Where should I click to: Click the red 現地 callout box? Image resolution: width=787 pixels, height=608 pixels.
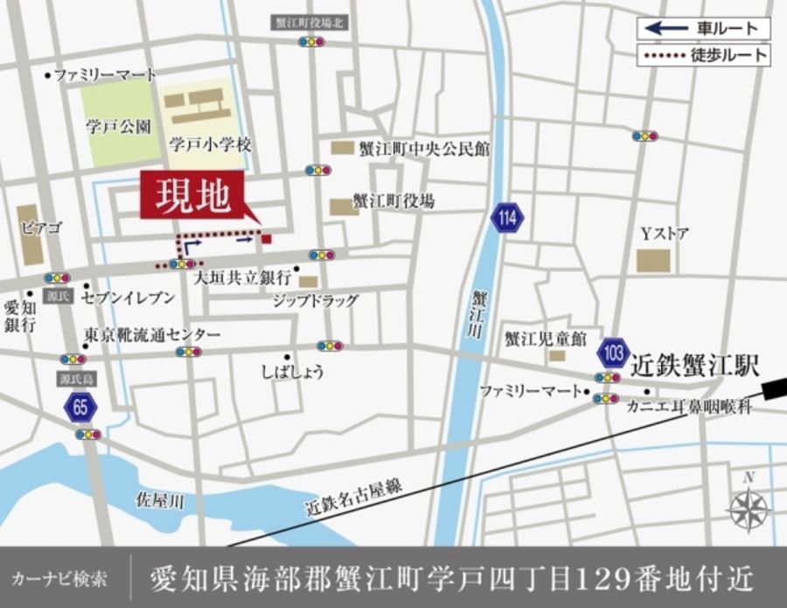(193, 197)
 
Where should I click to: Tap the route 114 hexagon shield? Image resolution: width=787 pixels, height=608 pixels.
(507, 217)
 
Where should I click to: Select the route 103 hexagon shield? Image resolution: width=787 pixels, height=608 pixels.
(613, 353)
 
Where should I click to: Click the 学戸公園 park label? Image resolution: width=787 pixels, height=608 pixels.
(118, 126)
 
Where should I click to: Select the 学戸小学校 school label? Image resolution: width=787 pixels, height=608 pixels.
(211, 145)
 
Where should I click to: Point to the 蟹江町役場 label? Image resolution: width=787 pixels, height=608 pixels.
(393, 201)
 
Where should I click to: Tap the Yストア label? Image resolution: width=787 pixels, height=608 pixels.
(665, 234)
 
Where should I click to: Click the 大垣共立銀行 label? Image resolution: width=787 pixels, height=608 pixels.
(242, 277)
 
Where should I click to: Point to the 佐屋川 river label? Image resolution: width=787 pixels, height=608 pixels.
(160, 500)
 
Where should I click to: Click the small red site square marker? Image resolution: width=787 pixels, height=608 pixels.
(267, 238)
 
